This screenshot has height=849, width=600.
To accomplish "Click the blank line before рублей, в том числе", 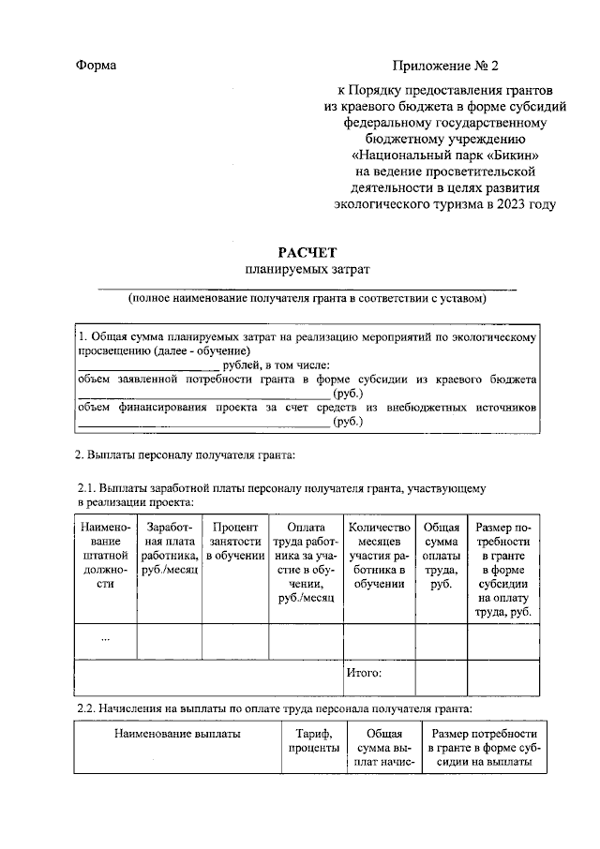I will [x=147, y=365].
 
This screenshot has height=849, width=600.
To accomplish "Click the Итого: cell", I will [x=364, y=672].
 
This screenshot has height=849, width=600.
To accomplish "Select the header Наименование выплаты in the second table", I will [x=177, y=734].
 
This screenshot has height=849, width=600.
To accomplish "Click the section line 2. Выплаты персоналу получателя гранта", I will [x=185, y=455].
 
